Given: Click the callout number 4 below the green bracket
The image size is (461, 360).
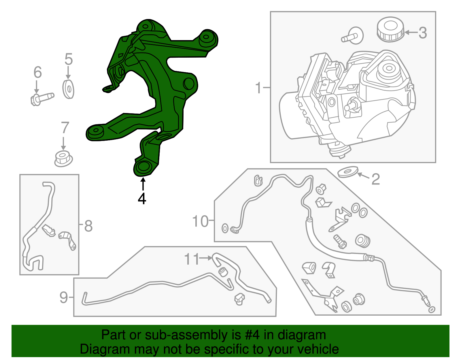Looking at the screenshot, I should [142, 198].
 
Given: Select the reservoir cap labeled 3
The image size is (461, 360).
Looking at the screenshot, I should [390, 29].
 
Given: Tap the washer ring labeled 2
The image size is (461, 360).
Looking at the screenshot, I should [347, 172].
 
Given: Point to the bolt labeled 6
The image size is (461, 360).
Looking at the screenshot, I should [42, 98].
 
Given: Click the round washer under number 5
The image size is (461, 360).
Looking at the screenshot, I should [68, 89].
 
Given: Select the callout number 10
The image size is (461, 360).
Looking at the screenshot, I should [200, 221].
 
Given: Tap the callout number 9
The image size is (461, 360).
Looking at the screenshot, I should [64, 297].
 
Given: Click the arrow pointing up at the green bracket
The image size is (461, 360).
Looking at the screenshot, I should [142, 184].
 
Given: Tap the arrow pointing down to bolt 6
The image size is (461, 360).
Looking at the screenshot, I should [37, 87].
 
